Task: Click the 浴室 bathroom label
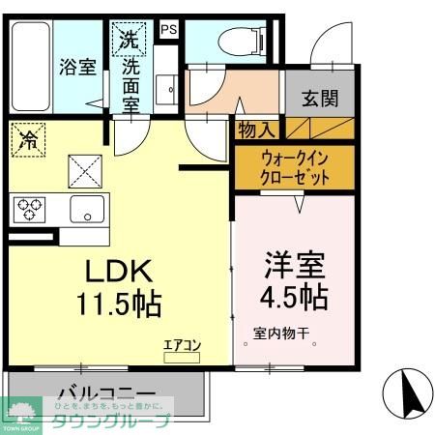tap(78, 68)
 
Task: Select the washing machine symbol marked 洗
tap(129, 41)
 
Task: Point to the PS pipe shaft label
tap(168, 29)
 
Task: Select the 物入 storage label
tap(257, 129)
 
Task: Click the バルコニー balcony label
tap(105, 395)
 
